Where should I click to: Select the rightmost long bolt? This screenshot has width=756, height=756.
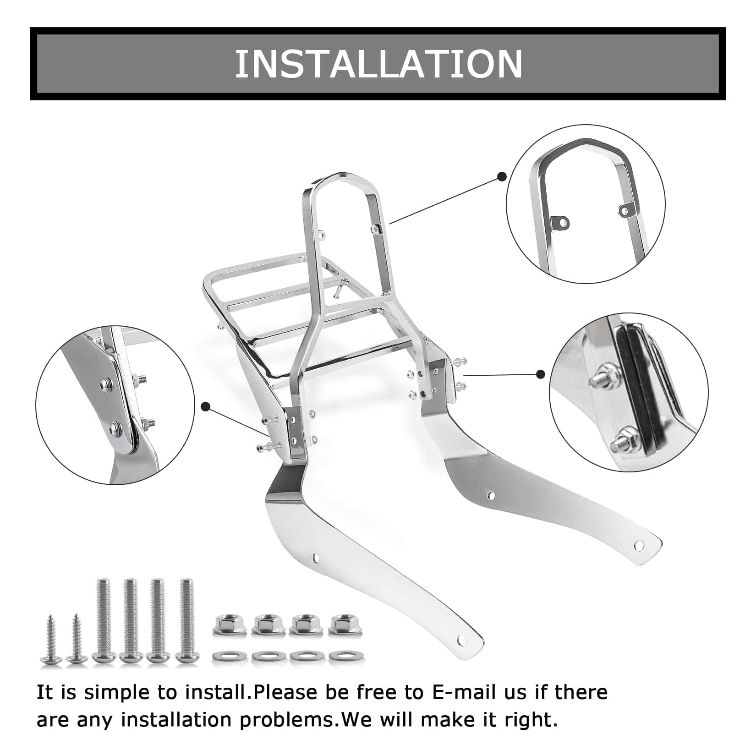[x=186, y=621]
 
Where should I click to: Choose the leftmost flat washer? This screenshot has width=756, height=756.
[x=227, y=656]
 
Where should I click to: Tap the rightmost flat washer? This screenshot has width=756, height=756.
[x=344, y=656]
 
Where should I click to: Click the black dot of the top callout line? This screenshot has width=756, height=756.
[x=502, y=176]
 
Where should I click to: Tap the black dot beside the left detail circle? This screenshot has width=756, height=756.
[x=206, y=406]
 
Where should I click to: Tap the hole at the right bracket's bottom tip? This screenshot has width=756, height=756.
[x=638, y=545]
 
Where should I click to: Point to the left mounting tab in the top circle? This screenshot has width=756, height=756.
[x=561, y=224]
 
